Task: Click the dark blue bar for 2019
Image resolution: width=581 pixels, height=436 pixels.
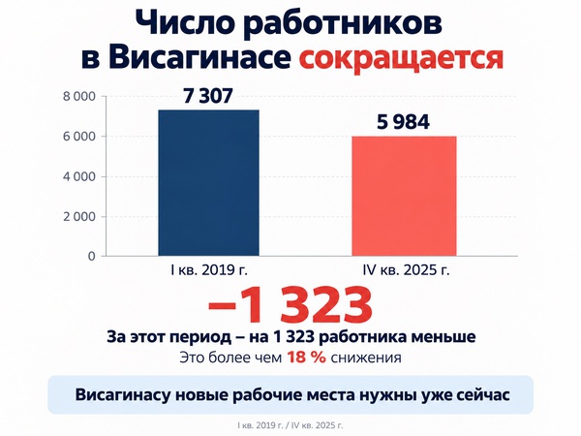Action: [208, 183]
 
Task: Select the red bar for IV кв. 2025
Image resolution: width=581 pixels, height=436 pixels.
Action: [404, 196]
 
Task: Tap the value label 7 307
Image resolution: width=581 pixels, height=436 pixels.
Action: [208, 96]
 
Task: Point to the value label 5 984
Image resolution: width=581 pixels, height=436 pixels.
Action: [403, 122]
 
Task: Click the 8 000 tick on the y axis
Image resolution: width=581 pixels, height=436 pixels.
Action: [79, 97]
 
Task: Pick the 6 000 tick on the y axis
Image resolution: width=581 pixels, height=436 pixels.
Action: [79, 137]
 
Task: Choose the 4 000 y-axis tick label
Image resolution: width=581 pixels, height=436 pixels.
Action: [79, 177]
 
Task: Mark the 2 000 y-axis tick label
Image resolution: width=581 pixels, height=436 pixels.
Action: [79, 217]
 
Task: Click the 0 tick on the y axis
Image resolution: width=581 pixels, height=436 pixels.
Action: [92, 257]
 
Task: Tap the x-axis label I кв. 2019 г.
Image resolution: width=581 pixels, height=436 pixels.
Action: [209, 270]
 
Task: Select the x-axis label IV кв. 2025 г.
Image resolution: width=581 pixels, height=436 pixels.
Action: [406, 270]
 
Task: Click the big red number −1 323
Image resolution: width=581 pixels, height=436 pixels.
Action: [290, 304]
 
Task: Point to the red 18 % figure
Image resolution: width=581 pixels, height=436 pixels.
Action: [307, 358]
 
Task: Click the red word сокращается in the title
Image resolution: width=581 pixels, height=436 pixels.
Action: [401, 58]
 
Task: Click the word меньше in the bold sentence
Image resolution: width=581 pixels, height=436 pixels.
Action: [443, 337]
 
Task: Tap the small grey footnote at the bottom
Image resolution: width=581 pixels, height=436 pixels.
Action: [290, 425]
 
